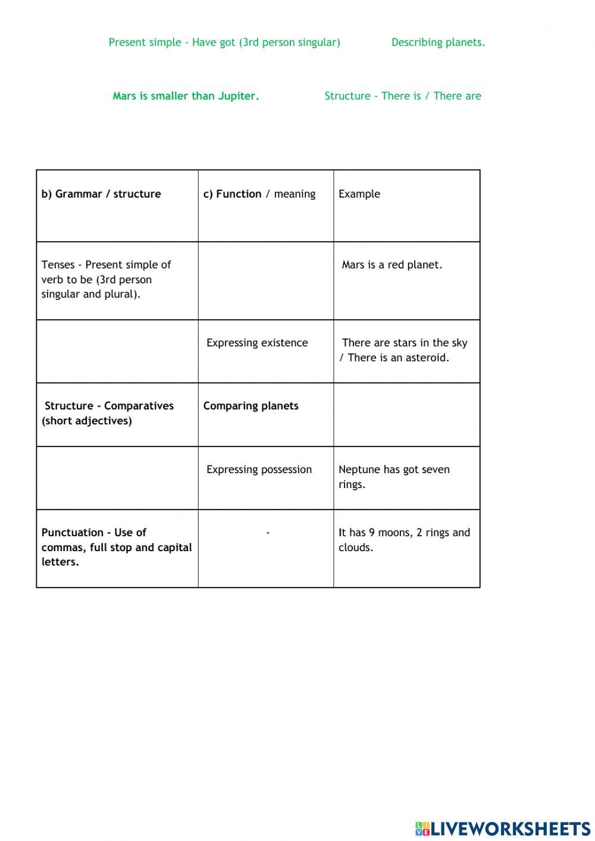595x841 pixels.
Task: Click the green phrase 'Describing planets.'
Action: [438, 42]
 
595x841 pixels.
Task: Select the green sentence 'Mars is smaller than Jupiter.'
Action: [186, 96]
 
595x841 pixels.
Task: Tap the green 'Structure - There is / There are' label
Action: [403, 96]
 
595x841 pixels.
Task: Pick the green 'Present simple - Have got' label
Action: [224, 42]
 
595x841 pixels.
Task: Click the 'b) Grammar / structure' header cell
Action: [101, 194]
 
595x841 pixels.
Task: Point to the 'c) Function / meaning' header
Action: [259, 194]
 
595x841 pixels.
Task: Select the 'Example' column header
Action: [359, 194]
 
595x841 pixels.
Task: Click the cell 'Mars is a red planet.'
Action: [392, 265]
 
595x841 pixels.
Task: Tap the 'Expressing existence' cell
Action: [257, 343]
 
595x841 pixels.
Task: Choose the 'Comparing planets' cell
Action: [251, 406]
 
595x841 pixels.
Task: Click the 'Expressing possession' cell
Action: [259, 470]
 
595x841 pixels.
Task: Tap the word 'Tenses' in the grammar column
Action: [58, 265]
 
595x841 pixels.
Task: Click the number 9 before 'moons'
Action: [372, 533]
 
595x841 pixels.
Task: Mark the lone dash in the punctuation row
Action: [268, 533]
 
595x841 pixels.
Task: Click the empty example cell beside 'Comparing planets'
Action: [406, 415]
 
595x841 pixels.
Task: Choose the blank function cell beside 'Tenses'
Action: [265, 281]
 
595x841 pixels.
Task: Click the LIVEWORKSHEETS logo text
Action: [510, 829]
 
